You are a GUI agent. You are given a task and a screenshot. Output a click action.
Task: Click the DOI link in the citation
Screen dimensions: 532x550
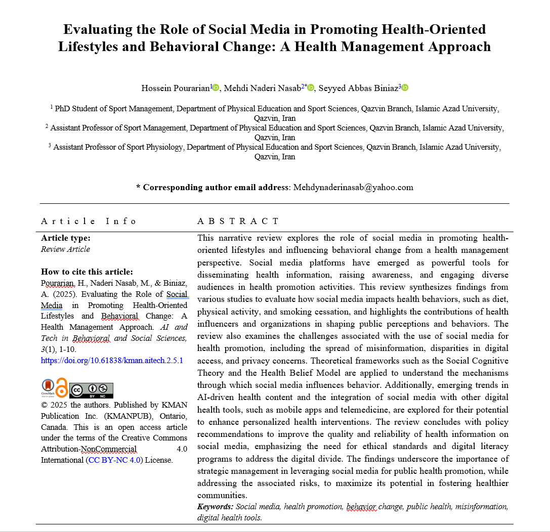click(x=112, y=361)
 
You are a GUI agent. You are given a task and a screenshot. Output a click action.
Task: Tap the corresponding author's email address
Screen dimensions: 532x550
click(x=353, y=187)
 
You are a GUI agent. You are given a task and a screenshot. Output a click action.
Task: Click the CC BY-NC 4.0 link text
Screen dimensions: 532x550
click(x=115, y=460)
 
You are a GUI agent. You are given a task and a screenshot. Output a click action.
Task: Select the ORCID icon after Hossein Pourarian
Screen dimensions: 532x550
click(x=216, y=88)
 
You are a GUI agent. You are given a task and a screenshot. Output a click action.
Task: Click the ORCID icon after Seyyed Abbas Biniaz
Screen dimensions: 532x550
click(x=405, y=88)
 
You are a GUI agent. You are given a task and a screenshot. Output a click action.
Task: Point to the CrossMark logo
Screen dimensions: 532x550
click(x=48, y=388)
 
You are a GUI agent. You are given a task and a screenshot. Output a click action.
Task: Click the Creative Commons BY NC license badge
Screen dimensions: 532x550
click(x=91, y=390)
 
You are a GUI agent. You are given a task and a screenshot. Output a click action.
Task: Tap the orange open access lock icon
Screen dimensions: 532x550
click(x=62, y=388)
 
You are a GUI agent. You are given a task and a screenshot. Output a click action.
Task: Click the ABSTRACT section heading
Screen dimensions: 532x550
click(x=237, y=221)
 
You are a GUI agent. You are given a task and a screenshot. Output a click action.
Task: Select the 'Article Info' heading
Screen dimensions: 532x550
click(x=89, y=221)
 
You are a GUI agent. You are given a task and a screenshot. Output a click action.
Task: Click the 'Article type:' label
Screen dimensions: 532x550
click(x=66, y=238)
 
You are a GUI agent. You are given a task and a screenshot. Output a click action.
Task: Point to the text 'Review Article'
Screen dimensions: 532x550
click(x=65, y=249)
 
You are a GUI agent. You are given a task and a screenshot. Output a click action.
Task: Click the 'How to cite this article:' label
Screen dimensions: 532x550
click(x=87, y=272)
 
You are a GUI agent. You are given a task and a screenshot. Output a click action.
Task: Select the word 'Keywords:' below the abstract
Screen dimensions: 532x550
click(x=216, y=506)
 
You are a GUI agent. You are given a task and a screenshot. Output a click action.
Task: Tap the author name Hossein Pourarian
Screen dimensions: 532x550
click(x=176, y=88)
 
